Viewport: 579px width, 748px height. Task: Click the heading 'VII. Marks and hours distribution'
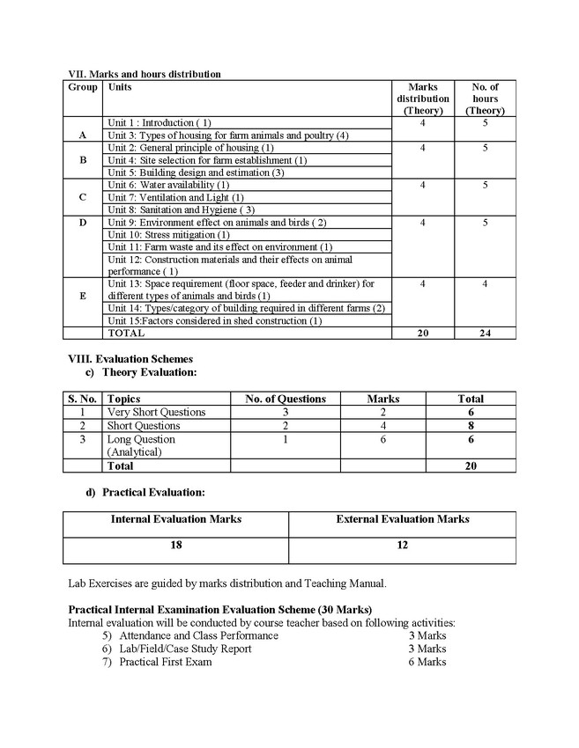click(x=145, y=74)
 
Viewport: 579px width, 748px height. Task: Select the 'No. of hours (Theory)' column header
click(x=485, y=99)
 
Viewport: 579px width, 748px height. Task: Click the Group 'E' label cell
click(x=83, y=297)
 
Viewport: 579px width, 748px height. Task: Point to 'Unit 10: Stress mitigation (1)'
click(x=168, y=235)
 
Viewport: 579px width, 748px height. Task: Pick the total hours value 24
click(x=485, y=334)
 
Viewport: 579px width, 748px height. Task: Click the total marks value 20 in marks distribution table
click(x=423, y=334)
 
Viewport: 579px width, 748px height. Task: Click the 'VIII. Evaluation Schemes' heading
click(x=131, y=359)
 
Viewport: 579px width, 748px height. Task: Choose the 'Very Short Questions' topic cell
click(x=156, y=412)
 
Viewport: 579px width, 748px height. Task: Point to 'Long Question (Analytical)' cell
click(x=142, y=445)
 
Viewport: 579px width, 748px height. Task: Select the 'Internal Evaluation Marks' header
click(x=176, y=519)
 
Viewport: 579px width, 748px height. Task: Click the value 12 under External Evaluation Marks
click(x=403, y=546)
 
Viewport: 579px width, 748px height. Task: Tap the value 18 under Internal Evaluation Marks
click(x=176, y=546)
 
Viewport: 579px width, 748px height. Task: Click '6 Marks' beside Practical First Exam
click(x=427, y=662)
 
